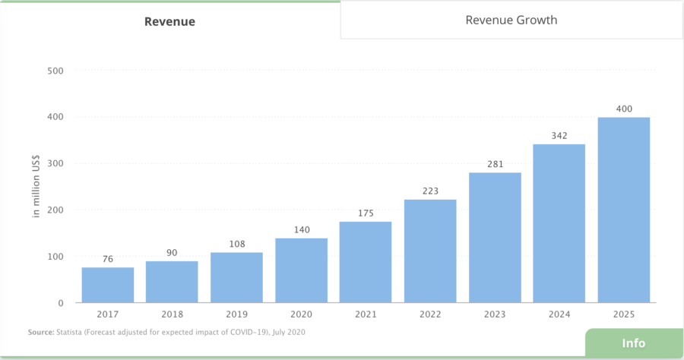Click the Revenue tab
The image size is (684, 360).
169,21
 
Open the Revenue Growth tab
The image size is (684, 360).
511,20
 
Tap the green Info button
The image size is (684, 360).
634,343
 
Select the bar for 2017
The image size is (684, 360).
108,285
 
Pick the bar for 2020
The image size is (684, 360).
301,270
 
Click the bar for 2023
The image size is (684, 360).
495,238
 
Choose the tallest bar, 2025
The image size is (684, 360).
624,210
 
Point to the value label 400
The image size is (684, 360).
624,109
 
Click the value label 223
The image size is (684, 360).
430,191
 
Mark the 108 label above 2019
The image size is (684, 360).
236,244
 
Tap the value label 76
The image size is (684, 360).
108,259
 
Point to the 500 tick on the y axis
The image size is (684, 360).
55,71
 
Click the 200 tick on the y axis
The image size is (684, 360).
55,210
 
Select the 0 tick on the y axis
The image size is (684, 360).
60,303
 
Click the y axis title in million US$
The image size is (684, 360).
36,186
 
